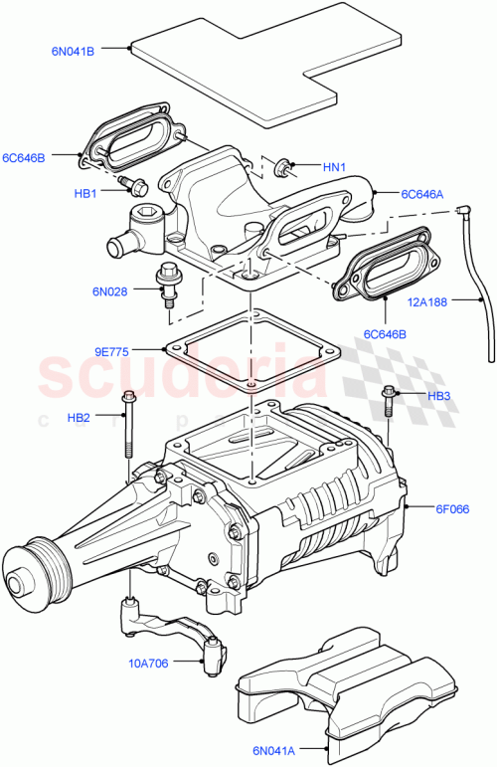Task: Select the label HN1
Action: click(334, 167)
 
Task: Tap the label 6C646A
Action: click(423, 195)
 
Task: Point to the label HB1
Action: click(85, 193)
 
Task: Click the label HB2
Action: click(80, 417)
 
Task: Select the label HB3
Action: click(439, 396)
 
